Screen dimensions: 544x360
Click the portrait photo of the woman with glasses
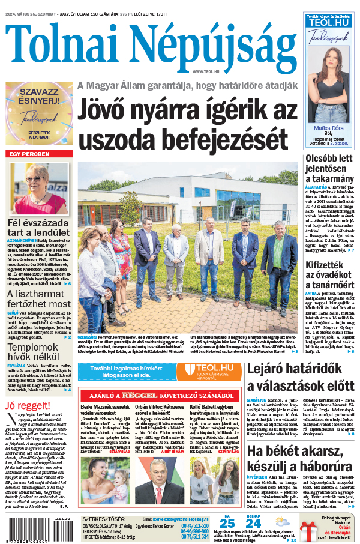tap(38, 187)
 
